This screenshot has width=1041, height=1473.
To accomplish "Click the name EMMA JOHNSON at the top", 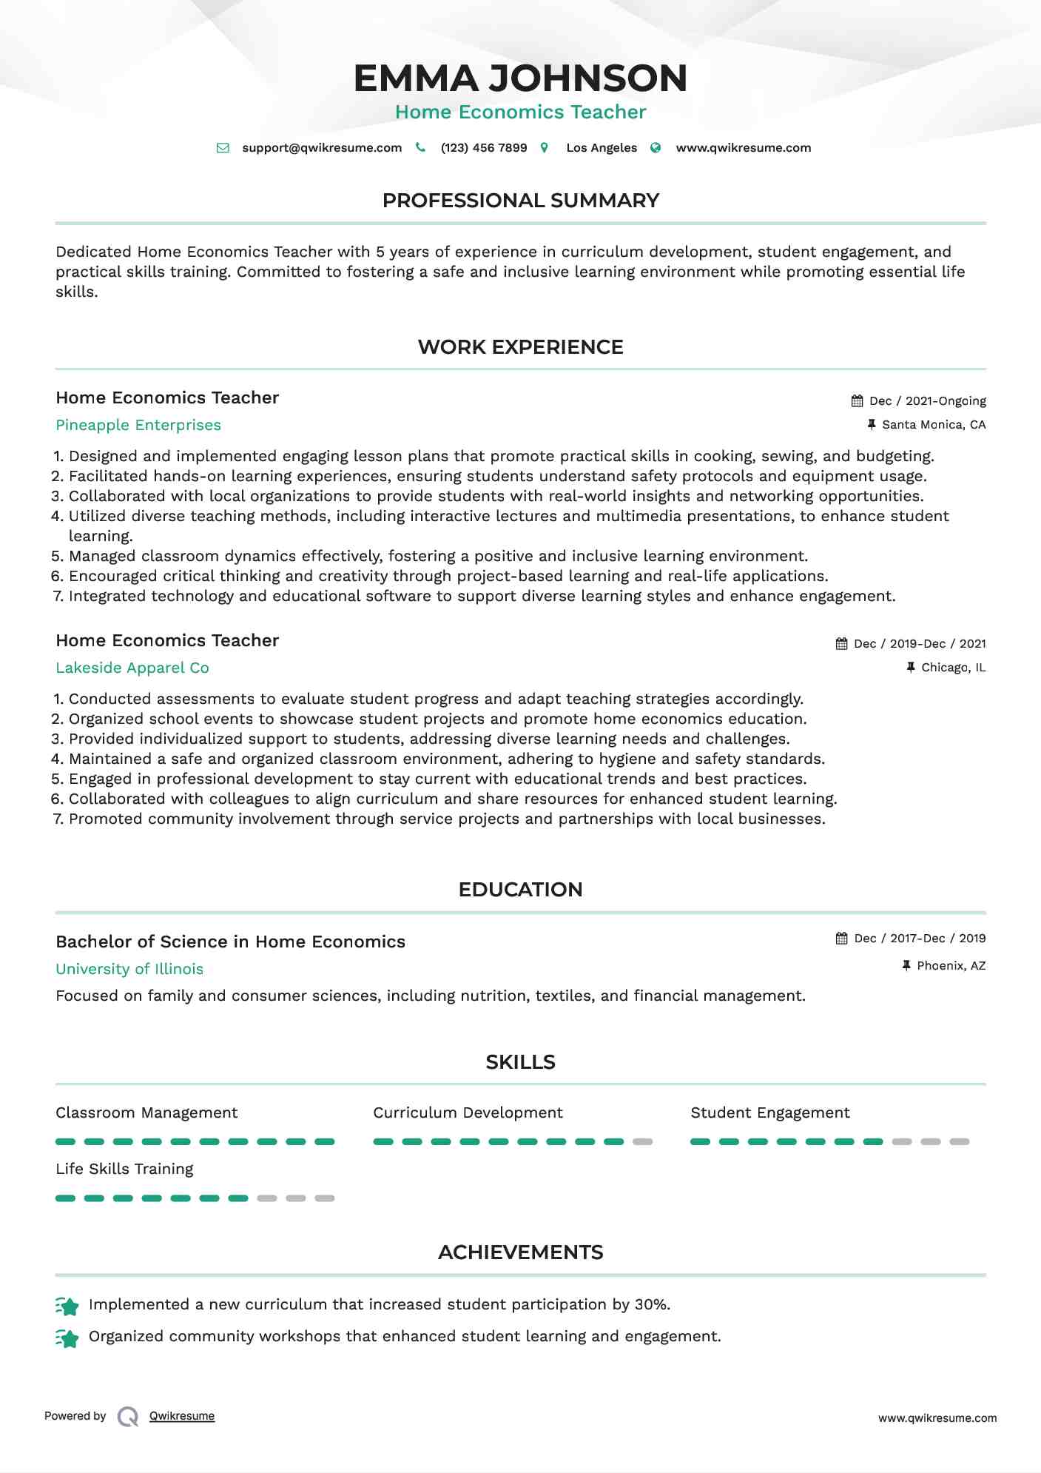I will point(520,78).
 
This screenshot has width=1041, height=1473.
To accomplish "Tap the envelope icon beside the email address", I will point(223,148).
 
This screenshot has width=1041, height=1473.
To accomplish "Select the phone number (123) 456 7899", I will point(484,148).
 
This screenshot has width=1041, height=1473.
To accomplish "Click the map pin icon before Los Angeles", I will point(545,148).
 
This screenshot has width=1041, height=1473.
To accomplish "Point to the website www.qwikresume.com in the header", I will point(743,148).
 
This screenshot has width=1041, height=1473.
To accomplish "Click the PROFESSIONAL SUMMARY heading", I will point(520,201).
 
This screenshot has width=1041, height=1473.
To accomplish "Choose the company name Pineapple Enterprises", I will point(138,425).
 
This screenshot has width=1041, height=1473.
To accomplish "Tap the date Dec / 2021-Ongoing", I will point(927,401).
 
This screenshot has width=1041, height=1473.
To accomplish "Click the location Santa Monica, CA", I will point(934,425).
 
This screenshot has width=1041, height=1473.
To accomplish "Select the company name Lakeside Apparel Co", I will point(132,668).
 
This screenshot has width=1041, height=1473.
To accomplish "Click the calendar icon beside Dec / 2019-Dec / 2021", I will point(841,644).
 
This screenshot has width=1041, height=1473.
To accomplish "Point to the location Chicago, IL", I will point(953,668).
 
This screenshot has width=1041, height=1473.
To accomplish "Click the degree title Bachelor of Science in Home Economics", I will point(230,942).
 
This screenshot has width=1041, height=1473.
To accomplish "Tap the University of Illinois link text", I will point(129,969).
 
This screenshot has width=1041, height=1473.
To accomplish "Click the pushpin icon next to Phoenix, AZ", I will point(906,966).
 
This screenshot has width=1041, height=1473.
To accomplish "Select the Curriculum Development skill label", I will point(468,1113).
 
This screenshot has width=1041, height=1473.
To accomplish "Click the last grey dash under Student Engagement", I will point(959,1141).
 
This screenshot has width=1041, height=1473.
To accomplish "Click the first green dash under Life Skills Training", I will point(65,1198).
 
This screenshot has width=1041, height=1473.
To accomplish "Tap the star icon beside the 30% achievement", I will point(67,1306).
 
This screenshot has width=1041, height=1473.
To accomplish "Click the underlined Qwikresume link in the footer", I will point(182,1416).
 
